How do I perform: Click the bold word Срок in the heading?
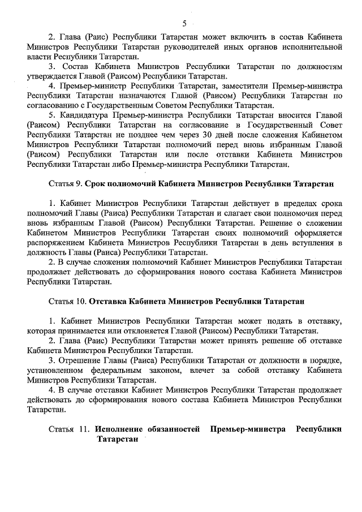(x=98, y=184)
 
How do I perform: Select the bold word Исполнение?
(x=120, y=429)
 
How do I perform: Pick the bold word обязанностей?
(x=176, y=429)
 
